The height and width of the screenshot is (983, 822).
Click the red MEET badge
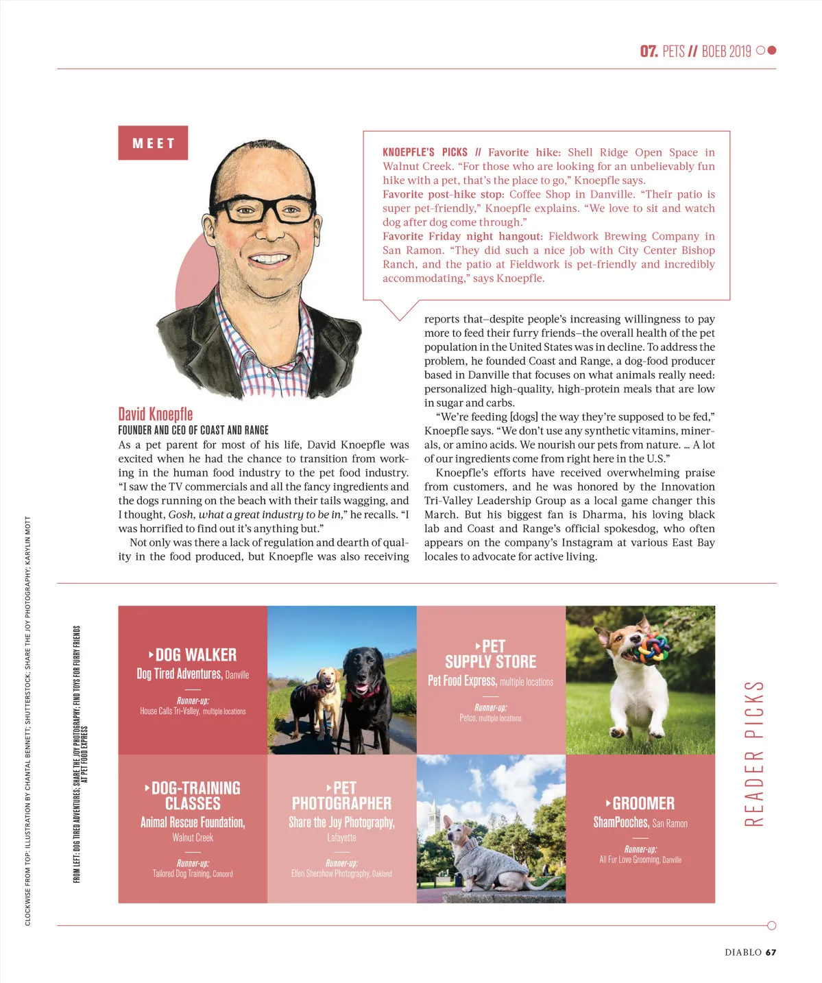pos(153,143)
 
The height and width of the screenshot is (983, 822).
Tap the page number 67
pos(771,952)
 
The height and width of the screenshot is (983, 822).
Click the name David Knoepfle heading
pos(156,414)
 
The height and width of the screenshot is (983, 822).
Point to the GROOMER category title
pos(643,803)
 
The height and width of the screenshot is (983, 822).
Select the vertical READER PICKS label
pos(753,753)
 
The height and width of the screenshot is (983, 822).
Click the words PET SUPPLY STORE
pos(491,654)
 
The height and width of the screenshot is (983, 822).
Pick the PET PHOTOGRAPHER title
pos(341,796)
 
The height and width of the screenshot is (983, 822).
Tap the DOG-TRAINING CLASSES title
pos(193,796)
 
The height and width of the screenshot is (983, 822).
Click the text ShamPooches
pos(620,822)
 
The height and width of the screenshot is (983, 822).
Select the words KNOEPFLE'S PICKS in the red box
pos(425,152)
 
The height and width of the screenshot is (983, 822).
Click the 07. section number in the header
pos(649,51)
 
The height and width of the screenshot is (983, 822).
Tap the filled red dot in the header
pos(772,50)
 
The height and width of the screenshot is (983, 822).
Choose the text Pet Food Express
pos(461,680)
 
